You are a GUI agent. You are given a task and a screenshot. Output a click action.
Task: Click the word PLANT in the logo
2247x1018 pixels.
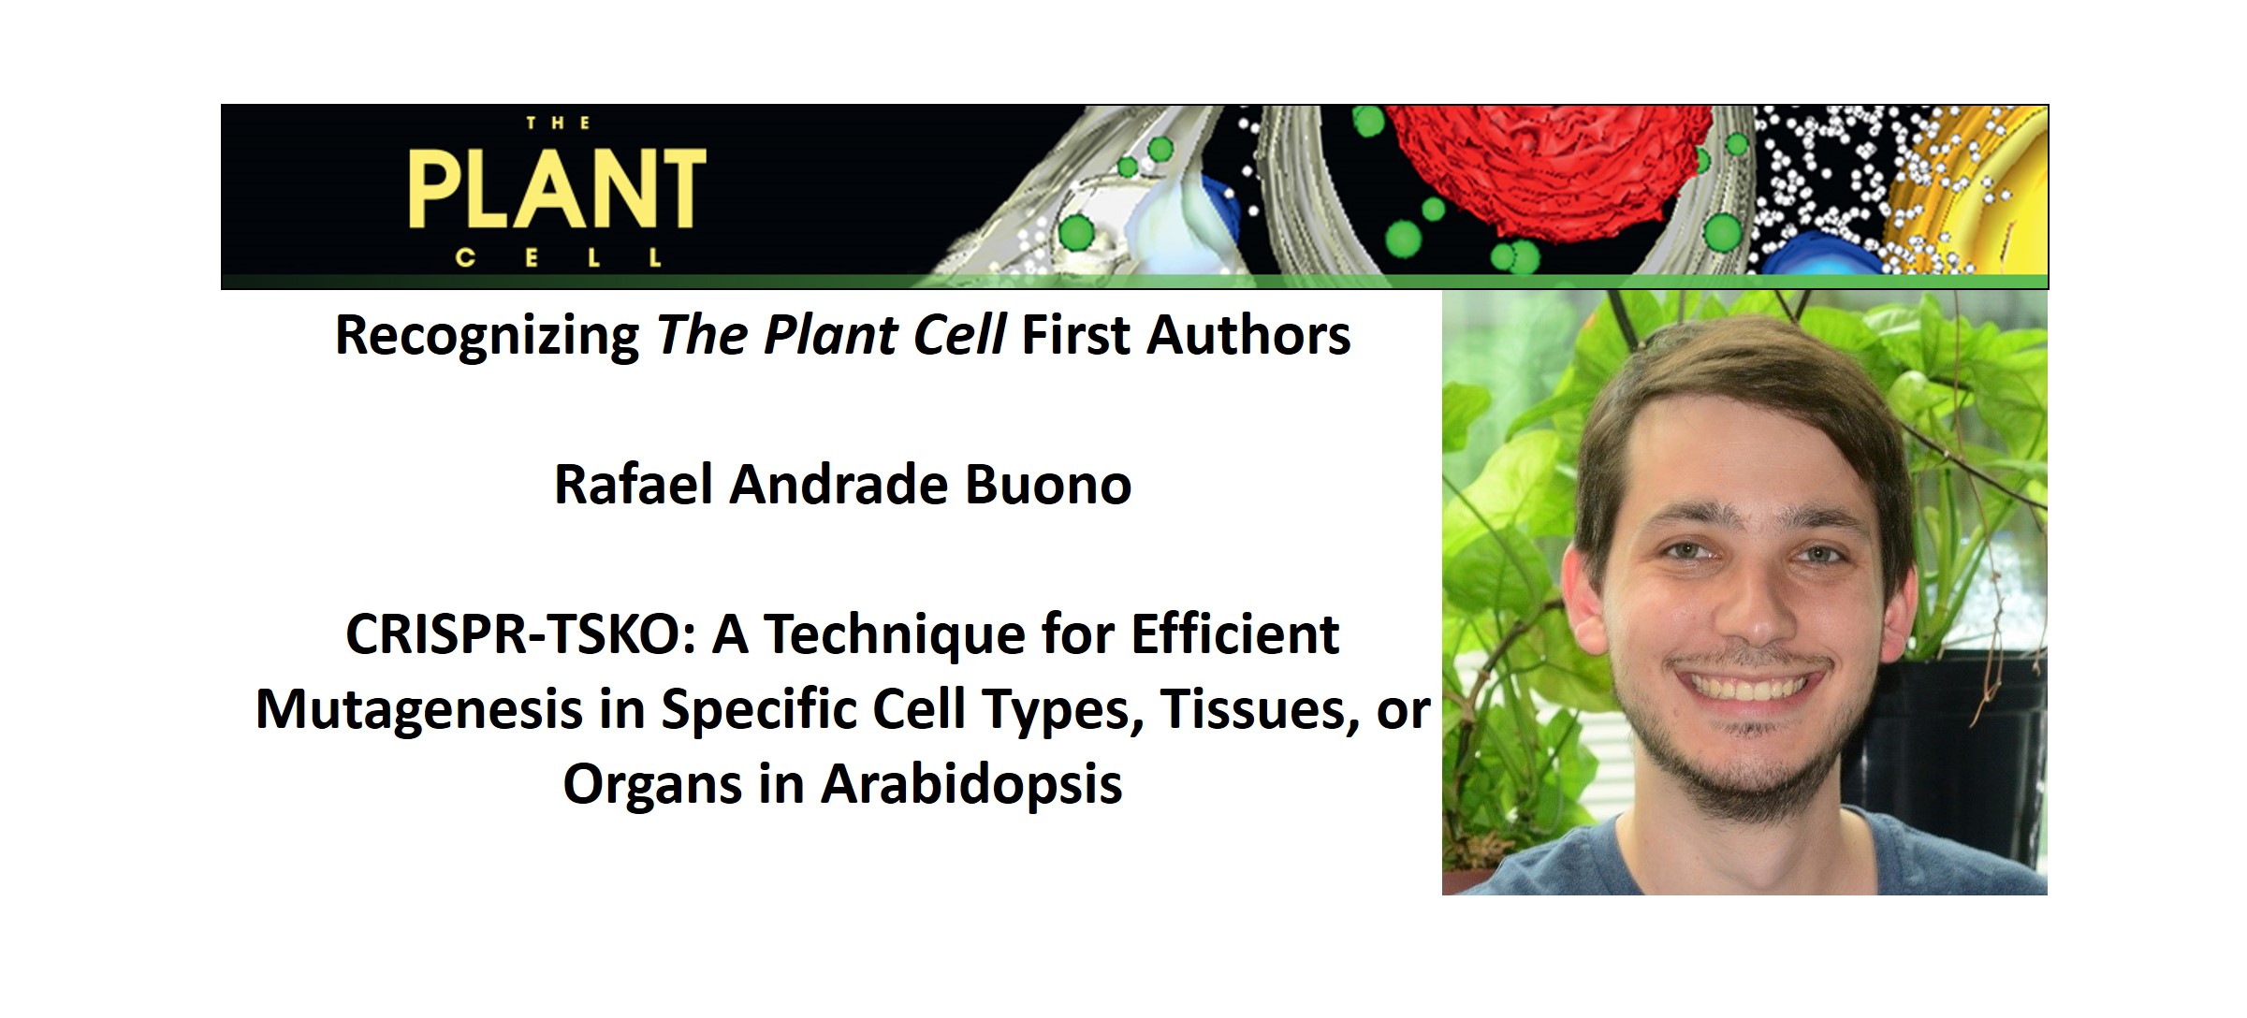[x=557, y=191]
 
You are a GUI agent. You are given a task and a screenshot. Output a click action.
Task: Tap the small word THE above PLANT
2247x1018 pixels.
[x=558, y=124]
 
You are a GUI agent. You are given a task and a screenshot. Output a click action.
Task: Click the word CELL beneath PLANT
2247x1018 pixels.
[x=559, y=257]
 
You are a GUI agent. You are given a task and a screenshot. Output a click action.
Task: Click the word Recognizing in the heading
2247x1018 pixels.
[x=487, y=336]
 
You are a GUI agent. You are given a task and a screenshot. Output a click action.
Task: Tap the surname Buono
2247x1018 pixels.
[x=1047, y=485]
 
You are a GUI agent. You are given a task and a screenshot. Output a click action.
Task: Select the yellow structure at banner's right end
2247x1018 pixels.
[x=1975, y=187]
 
